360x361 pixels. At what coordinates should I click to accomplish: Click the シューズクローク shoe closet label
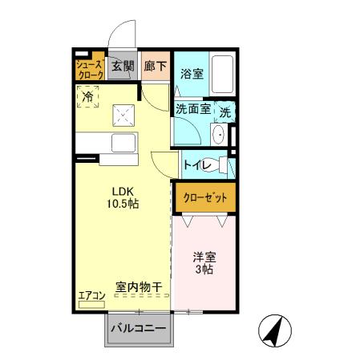click(x=90, y=69)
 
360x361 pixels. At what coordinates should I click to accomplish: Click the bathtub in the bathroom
click(x=223, y=75)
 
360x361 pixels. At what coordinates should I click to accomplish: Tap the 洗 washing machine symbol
click(x=226, y=112)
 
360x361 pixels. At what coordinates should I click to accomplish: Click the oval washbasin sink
click(x=219, y=133)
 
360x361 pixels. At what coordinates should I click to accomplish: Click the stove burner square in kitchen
click(x=123, y=115)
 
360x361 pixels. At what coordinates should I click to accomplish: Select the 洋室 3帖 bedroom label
click(x=204, y=263)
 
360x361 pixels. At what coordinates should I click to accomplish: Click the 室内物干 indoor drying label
click(x=139, y=286)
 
